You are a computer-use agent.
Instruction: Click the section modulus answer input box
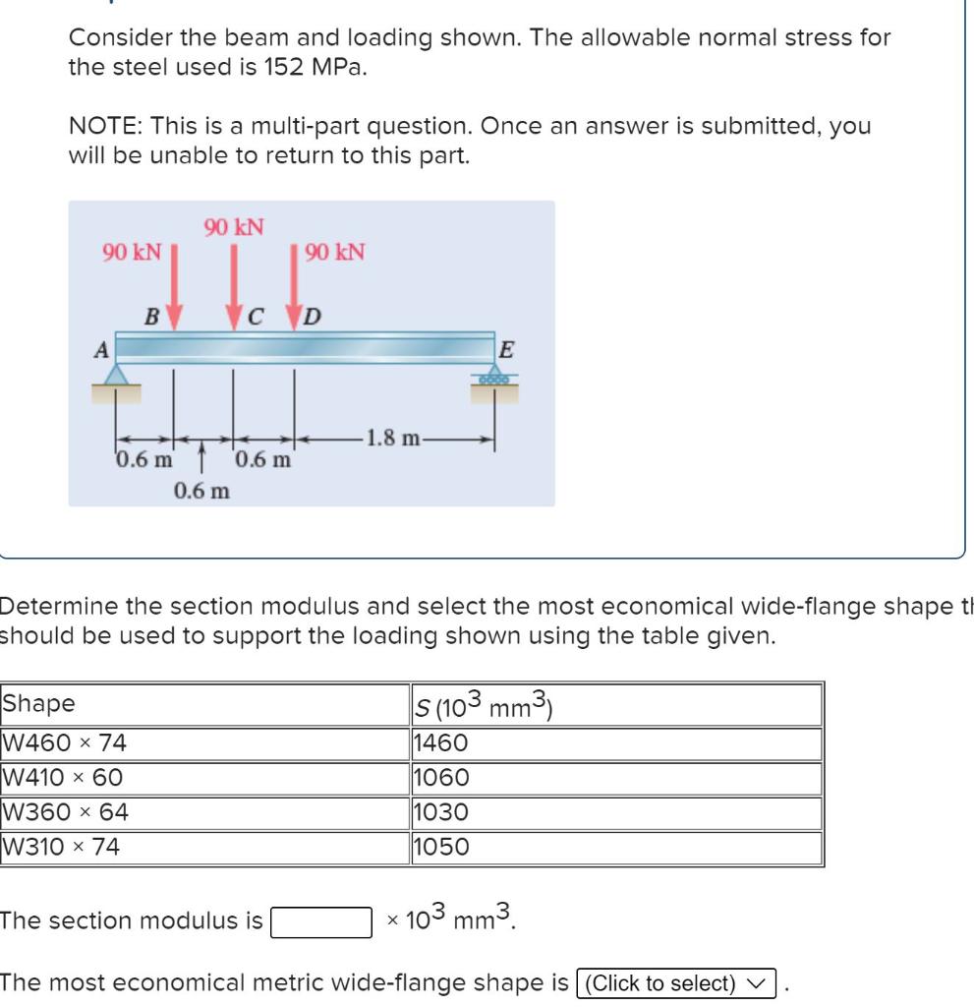(x=321, y=922)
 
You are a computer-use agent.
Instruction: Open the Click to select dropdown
(x=678, y=982)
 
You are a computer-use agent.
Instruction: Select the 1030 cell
(x=442, y=813)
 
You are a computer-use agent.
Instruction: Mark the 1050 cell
(x=442, y=847)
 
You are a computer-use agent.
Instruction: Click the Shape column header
(x=39, y=705)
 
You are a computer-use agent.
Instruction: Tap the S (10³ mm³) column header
(x=487, y=705)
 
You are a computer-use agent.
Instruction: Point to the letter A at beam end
(x=99, y=347)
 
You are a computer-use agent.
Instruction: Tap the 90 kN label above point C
(x=234, y=227)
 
